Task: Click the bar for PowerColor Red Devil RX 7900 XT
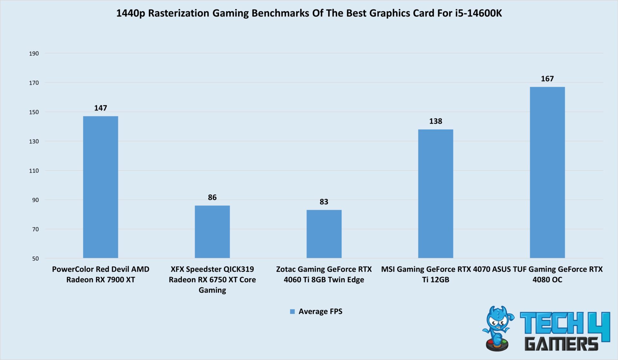click(100, 187)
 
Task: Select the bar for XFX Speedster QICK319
click(212, 232)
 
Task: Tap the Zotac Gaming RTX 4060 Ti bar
click(324, 234)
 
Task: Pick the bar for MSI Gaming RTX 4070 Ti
click(435, 194)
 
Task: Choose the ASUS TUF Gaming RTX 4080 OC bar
click(547, 172)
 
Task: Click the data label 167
click(547, 79)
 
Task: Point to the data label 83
click(324, 202)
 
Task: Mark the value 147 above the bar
click(100, 108)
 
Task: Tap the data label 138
click(435, 121)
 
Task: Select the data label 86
click(212, 197)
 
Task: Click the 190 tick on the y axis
click(34, 53)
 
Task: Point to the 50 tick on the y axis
click(35, 259)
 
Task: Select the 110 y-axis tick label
click(34, 171)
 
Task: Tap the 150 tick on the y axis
click(34, 112)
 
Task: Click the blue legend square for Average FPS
click(292, 312)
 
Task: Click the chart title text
click(309, 13)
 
